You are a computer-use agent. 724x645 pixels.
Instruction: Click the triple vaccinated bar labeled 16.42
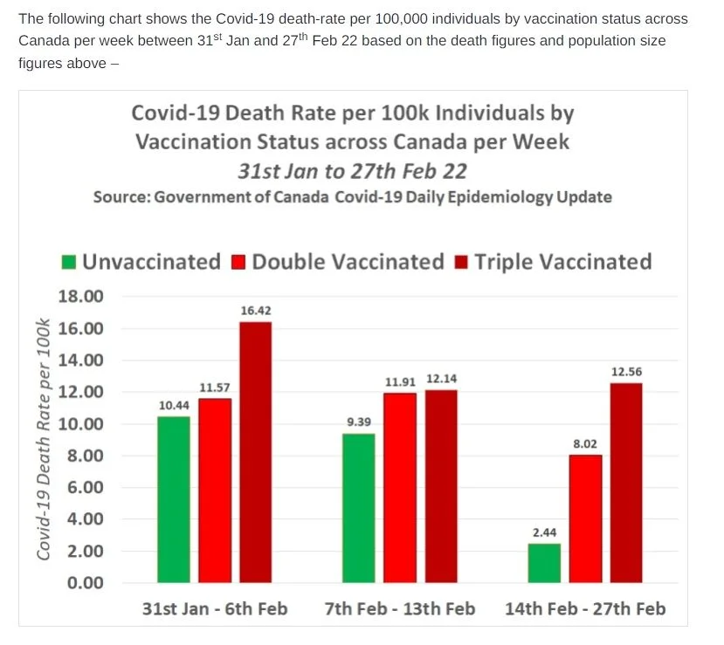[x=255, y=452]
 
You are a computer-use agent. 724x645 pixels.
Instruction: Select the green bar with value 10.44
[x=174, y=499]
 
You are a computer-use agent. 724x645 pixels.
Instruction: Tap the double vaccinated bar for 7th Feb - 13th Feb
[x=400, y=488]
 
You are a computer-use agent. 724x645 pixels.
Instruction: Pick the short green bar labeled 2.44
[x=544, y=563]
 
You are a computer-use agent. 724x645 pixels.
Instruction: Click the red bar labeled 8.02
[x=585, y=519]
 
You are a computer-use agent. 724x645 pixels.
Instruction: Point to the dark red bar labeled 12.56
[x=626, y=483]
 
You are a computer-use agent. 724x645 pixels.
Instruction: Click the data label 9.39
[x=359, y=422]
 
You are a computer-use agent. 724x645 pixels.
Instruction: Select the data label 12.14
[x=441, y=379]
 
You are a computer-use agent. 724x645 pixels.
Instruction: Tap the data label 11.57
[x=215, y=388]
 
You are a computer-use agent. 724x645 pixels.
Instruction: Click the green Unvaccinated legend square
[x=69, y=263]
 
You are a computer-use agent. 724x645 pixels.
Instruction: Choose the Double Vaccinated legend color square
[x=238, y=263]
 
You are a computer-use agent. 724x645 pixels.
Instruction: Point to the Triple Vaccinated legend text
[x=563, y=262]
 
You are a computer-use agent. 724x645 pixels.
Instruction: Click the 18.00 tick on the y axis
[x=81, y=296]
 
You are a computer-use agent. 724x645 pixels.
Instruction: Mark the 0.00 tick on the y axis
[x=86, y=583]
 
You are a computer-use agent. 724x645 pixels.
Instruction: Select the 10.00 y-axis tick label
[x=81, y=423]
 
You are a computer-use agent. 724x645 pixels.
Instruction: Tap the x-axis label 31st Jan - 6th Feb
[x=215, y=609]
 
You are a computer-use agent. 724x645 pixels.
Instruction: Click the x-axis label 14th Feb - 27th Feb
[x=585, y=609]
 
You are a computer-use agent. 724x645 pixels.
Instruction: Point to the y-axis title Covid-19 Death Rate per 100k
[x=43, y=439]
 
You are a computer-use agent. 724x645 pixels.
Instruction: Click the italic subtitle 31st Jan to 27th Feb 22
[x=353, y=171]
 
